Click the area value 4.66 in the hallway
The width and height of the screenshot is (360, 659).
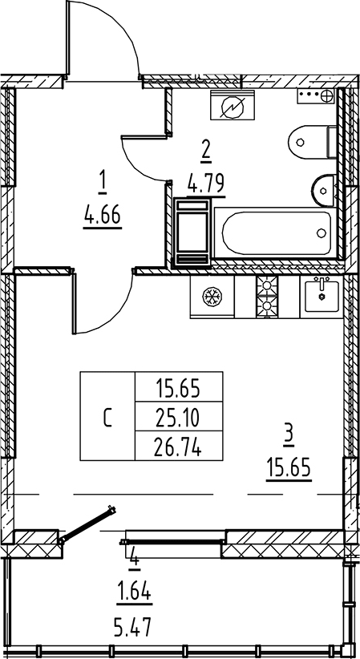tap(103, 217)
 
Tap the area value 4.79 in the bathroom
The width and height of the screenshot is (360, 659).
tap(206, 184)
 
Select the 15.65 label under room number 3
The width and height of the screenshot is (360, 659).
tap(289, 467)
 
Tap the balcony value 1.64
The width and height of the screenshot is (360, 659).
tap(134, 593)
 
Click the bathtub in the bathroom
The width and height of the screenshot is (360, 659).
tap(277, 232)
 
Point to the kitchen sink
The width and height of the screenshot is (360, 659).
tap(322, 297)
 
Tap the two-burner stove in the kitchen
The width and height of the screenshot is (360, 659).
tap(267, 297)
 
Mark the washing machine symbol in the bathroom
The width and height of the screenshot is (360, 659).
tap(233, 105)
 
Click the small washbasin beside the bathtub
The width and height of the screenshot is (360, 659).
tap(323, 190)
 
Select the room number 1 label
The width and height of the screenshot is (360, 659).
tap(103, 185)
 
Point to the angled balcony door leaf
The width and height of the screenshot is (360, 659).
tap(87, 524)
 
